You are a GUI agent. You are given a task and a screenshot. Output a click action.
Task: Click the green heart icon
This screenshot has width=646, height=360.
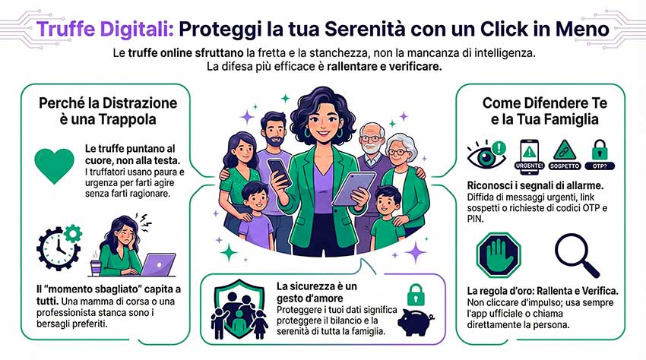click(55, 165)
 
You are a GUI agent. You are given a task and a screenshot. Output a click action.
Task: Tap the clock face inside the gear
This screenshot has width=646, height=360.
click(58, 248)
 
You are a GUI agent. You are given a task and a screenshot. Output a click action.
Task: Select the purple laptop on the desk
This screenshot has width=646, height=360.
click(158, 264)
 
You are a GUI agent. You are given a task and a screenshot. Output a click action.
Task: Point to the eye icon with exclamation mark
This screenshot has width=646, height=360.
click(486, 154)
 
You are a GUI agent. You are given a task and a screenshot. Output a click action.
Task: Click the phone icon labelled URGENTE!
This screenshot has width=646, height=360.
click(529, 155)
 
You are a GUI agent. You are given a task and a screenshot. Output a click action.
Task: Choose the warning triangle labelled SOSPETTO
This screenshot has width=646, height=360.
click(565, 155)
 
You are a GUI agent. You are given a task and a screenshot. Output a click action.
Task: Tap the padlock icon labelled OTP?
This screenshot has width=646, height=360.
click(600, 155)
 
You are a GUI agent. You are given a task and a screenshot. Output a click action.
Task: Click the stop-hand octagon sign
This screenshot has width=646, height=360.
click(499, 254)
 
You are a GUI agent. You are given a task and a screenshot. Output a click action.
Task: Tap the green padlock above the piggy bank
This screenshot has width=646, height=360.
click(416, 295)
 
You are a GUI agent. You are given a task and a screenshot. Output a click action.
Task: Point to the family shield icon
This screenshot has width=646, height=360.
click(239, 309)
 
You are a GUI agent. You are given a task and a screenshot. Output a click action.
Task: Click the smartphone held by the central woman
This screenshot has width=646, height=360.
click(279, 172)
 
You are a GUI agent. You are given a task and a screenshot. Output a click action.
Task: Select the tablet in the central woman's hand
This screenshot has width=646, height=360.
click(353, 188)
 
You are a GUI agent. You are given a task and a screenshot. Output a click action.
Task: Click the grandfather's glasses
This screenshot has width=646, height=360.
click(371, 139)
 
